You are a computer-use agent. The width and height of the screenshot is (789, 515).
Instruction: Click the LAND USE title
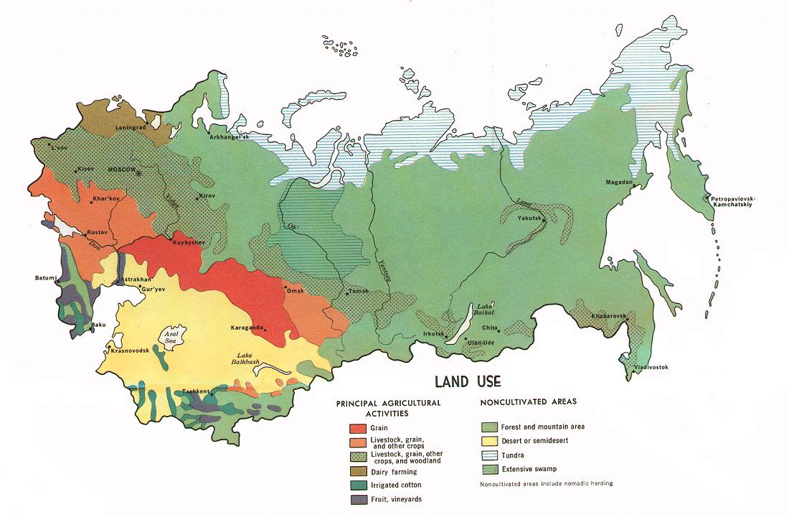tap(467, 381)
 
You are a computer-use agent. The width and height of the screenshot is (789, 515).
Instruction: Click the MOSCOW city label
tap(121, 169)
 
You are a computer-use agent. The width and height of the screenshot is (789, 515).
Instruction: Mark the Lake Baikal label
tap(485, 310)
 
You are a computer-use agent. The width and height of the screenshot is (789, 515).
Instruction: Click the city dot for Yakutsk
tap(544, 222)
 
